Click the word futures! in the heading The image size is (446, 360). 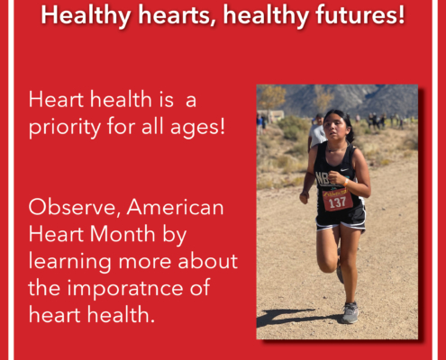tap(360, 15)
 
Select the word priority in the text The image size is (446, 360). tap(65, 127)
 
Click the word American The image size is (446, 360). tap(176, 207)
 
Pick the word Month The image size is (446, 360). tap(123, 234)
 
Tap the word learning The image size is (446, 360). tap(69, 263)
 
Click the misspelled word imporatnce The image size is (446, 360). tap(125, 289)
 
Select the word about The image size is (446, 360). tap(208, 261)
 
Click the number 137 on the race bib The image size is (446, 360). tap(338, 202)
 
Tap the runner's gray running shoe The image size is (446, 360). tap(350, 312)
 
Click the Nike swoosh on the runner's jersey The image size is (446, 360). tap(344, 170)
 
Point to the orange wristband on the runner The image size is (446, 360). tap(346, 182)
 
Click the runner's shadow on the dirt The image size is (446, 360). tap(295, 318)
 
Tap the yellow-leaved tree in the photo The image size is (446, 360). tap(271, 97)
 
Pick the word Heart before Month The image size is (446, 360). tap(57, 234)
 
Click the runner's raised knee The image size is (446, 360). tap(326, 265)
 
